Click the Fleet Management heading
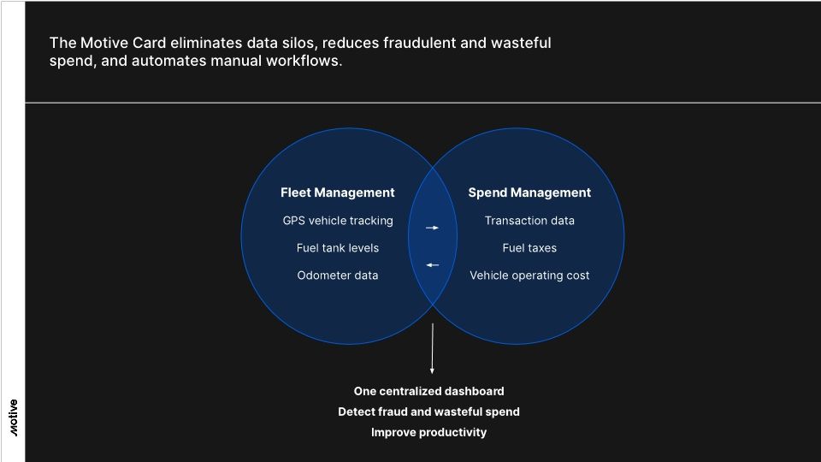[338, 192]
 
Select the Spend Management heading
[529, 192]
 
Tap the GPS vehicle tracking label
[338, 221]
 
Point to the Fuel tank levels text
[338, 248]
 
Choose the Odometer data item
[338, 275]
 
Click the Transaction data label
[529, 221]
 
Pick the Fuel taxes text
[529, 248]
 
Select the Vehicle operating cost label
[529, 275]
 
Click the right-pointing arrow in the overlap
[433, 228]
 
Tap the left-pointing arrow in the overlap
[433, 265]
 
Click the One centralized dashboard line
[428, 391]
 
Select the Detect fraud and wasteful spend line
[428, 412]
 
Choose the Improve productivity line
[428, 432]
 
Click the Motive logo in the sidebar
[14, 418]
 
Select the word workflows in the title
[300, 62]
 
